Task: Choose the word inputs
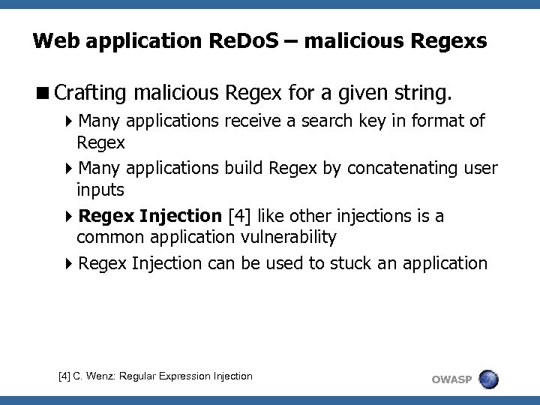pos(100,190)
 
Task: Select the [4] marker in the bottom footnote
pos(65,376)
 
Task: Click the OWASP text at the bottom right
pos(451,379)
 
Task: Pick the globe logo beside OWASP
pos(488,379)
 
